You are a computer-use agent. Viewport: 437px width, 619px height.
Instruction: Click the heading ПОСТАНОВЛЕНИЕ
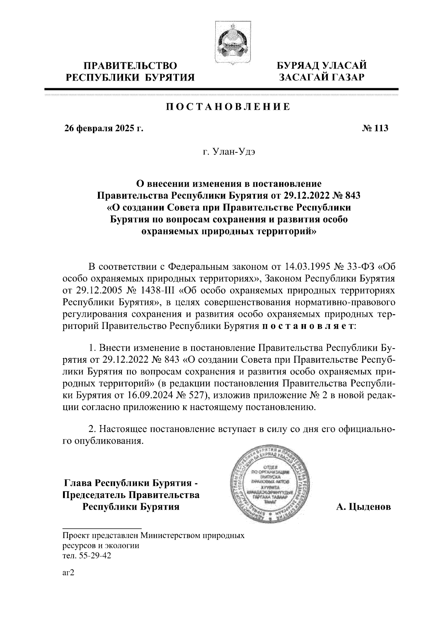(228, 106)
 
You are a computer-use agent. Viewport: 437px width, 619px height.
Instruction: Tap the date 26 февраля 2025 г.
(103, 128)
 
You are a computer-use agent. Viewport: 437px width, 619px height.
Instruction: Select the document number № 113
(375, 128)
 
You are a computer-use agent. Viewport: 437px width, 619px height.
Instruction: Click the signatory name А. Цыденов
(363, 507)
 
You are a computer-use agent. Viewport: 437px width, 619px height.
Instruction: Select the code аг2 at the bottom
(68, 573)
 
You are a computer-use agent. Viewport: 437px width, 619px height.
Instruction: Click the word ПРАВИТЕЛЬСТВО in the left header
(130, 66)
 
